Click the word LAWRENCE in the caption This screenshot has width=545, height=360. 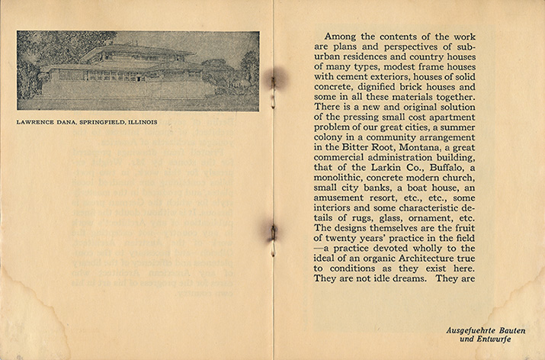tap(36, 121)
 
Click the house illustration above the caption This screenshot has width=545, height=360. tap(138, 70)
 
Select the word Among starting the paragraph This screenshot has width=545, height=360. tap(341, 36)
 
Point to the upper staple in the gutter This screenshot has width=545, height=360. tap(273, 77)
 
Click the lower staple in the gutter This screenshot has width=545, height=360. tap(271, 231)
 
